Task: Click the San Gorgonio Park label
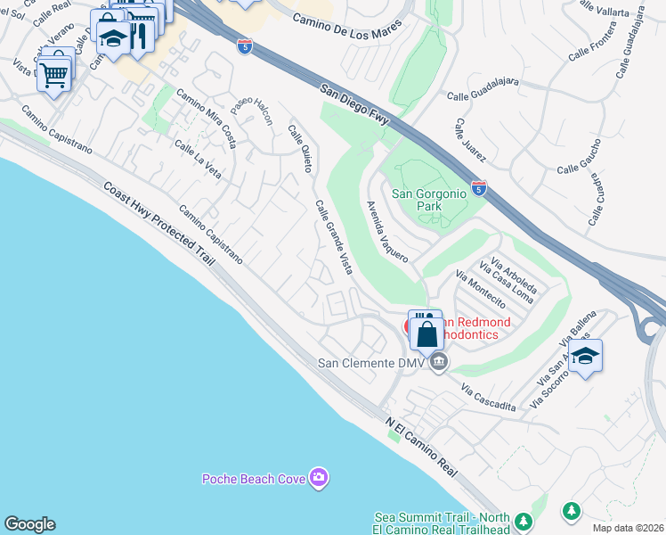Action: pyautogui.click(x=417, y=199)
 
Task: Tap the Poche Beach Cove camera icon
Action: pyautogui.click(x=319, y=479)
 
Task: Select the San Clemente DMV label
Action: pyautogui.click(x=371, y=363)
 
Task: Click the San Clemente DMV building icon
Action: pyautogui.click(x=438, y=363)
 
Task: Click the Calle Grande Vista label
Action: pyautogui.click(x=333, y=237)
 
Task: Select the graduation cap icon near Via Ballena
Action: pyautogui.click(x=585, y=356)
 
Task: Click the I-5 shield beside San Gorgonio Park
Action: pyautogui.click(x=479, y=186)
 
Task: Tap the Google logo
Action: pyautogui.click(x=29, y=524)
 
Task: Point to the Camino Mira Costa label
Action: pyautogui.click(x=206, y=117)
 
